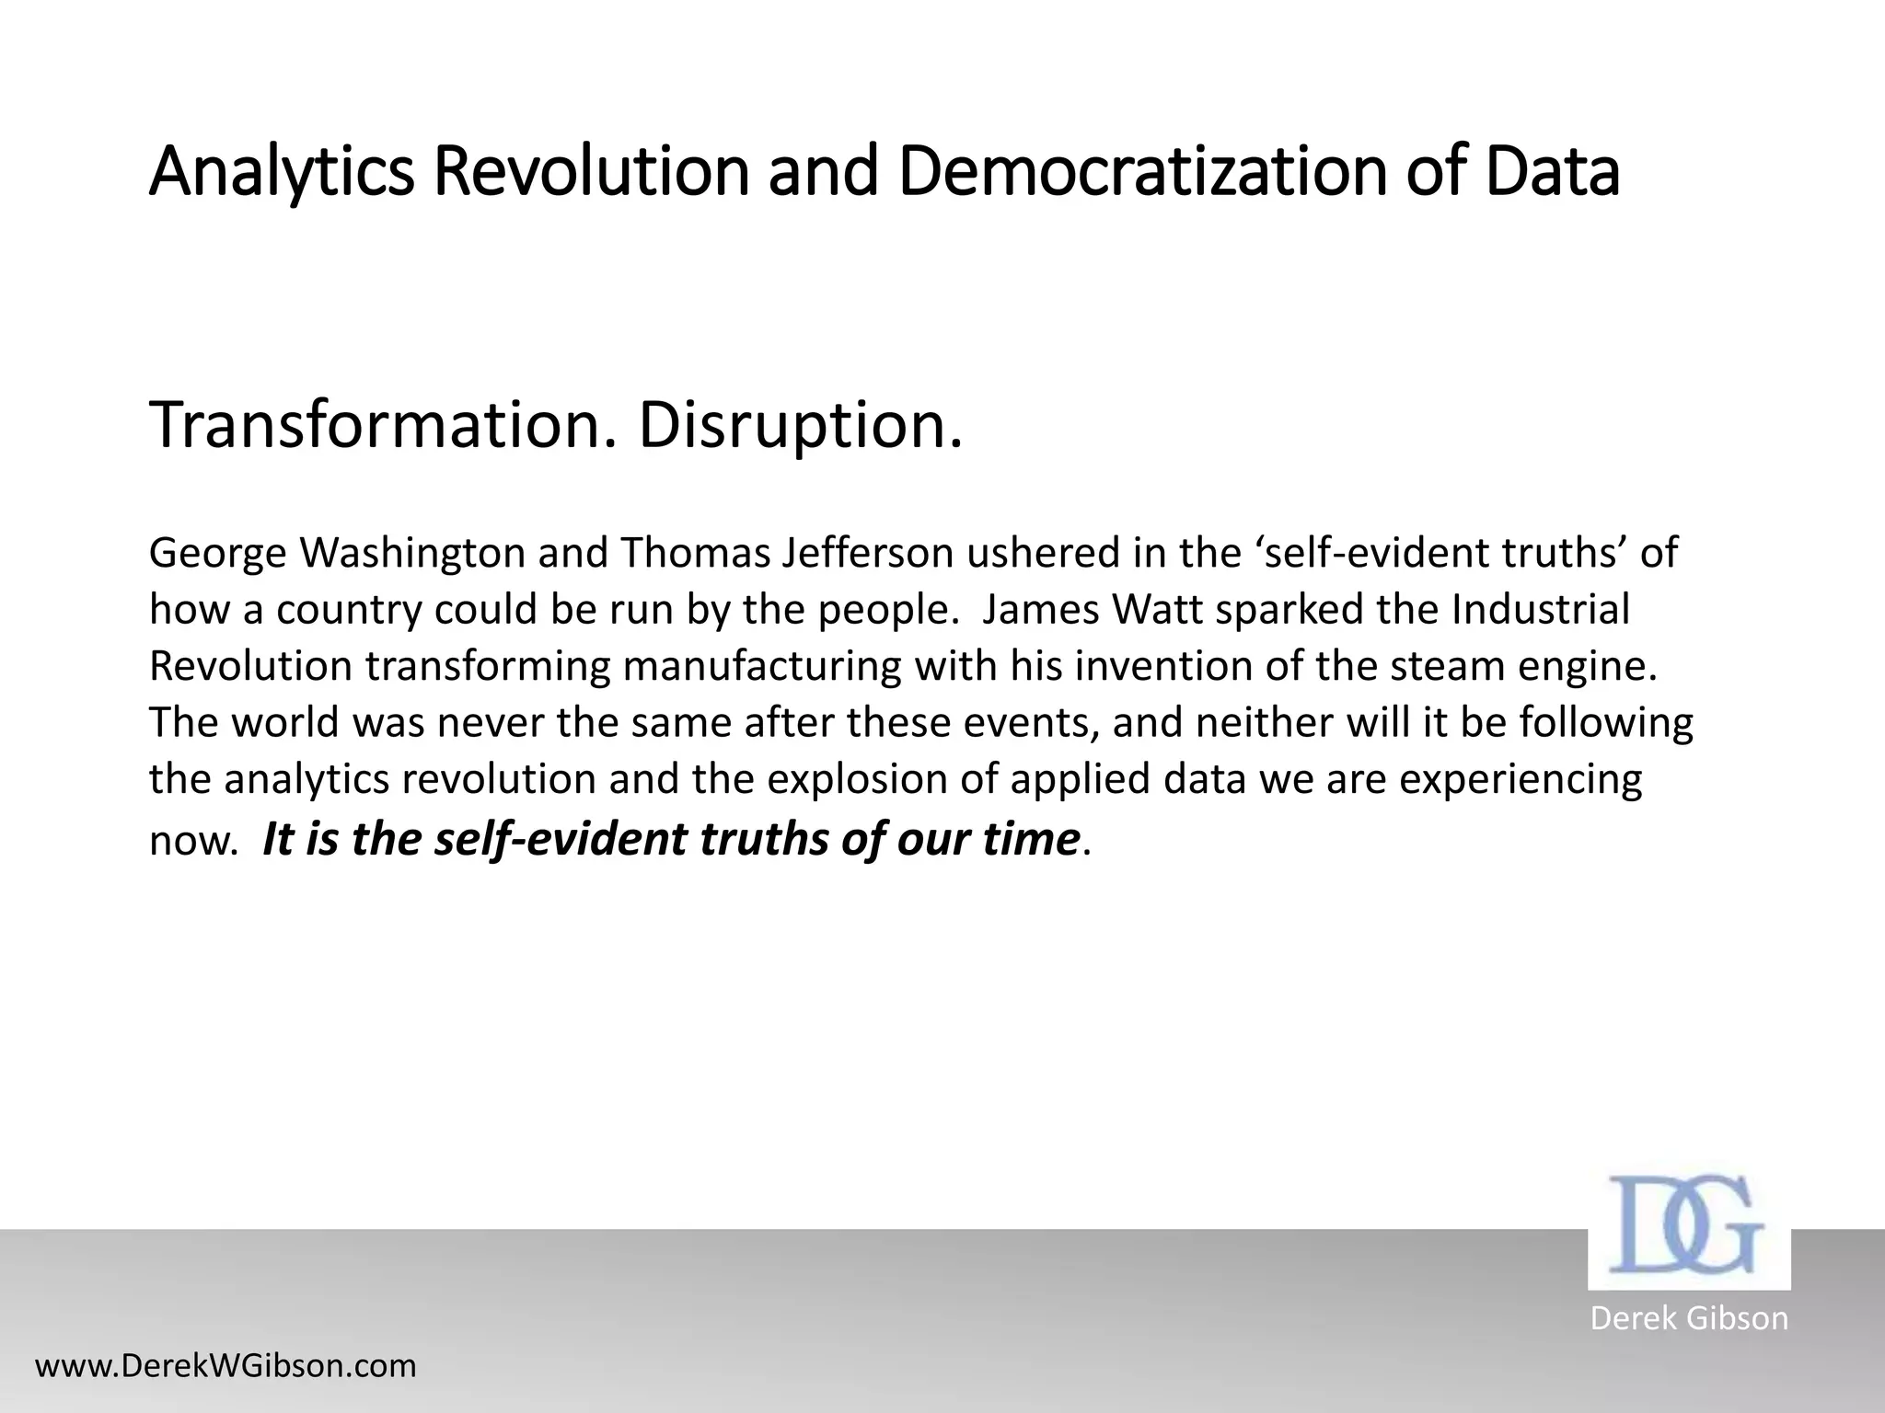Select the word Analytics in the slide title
coord(282,172)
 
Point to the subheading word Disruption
coord(800,426)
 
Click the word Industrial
coord(1540,610)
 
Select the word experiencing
coord(1521,779)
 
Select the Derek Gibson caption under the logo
coord(1689,1317)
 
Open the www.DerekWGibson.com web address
coord(226,1365)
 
